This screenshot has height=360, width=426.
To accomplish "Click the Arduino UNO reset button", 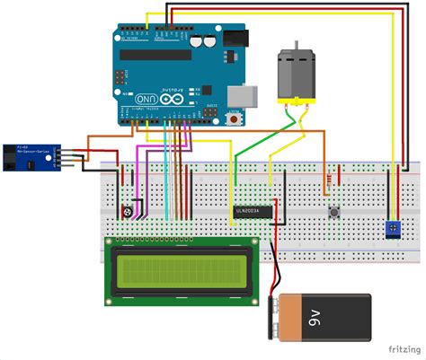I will coord(235,117).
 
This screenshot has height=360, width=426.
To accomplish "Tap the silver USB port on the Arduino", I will coord(244,93).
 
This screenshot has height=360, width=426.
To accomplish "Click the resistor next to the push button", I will coord(337,175).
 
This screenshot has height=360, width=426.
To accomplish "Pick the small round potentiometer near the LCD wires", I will coord(127,212).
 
